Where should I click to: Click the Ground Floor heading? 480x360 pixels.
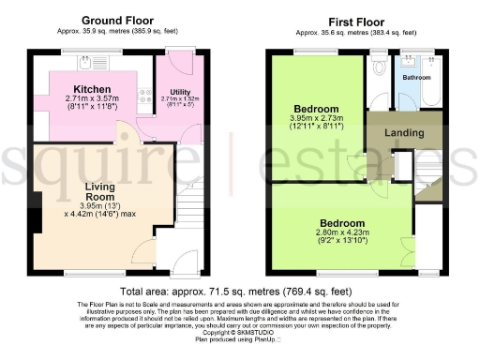pyautogui.click(x=118, y=20)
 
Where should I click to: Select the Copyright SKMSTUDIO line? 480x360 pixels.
pyautogui.click(x=238, y=332)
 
